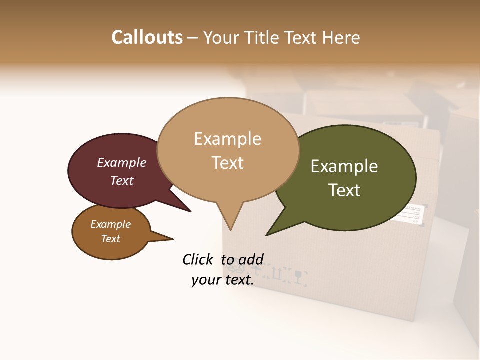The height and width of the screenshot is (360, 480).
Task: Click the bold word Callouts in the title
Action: click(147, 37)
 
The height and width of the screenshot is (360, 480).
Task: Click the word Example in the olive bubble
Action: click(344, 166)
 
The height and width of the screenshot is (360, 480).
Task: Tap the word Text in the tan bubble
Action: click(228, 163)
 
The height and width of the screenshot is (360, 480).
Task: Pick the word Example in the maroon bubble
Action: click(122, 163)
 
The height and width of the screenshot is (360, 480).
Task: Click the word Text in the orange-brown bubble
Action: click(111, 239)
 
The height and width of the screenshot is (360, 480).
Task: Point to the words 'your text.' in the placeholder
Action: click(223, 280)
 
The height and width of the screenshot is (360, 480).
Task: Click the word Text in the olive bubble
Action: click(344, 190)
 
